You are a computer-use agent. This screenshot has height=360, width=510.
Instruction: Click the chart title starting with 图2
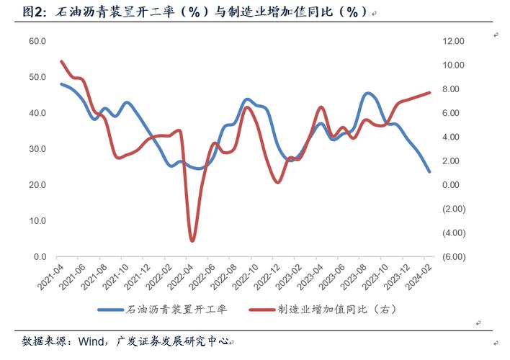click(x=194, y=12)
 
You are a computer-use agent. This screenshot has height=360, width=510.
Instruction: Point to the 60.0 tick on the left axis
click(x=37, y=41)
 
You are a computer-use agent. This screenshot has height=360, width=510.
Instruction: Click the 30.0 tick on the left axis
click(x=37, y=149)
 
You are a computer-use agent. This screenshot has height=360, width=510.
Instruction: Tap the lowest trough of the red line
click(x=192, y=240)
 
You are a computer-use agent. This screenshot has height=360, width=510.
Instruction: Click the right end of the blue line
click(x=429, y=171)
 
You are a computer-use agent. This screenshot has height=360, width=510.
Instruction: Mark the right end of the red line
click(x=429, y=92)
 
